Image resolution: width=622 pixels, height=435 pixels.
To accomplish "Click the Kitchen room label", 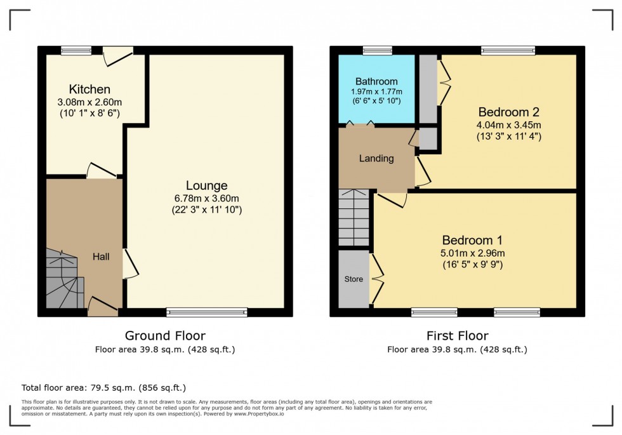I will (89, 89).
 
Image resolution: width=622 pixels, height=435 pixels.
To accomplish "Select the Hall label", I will (101, 257).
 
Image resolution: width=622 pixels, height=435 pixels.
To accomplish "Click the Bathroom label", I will (376, 81).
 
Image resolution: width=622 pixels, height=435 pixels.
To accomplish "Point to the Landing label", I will (376, 159).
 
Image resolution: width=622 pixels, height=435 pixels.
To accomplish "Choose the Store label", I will (354, 279).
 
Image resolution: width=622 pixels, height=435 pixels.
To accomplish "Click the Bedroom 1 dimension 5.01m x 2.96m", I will (472, 253).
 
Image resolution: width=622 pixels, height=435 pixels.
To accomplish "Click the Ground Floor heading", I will (164, 336).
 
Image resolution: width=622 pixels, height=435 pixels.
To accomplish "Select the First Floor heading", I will (457, 336).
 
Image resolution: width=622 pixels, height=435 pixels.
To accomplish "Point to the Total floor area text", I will (103, 387).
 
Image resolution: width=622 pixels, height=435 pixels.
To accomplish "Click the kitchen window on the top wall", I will (77, 50).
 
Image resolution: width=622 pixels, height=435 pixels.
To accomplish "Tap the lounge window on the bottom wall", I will (207, 312).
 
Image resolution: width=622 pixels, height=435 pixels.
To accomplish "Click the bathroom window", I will (377, 50).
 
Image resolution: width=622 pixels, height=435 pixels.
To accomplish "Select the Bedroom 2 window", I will (508, 50).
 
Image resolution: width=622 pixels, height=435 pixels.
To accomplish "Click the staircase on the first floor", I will (354, 217).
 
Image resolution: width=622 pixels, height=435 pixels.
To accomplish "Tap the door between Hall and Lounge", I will (129, 263).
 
